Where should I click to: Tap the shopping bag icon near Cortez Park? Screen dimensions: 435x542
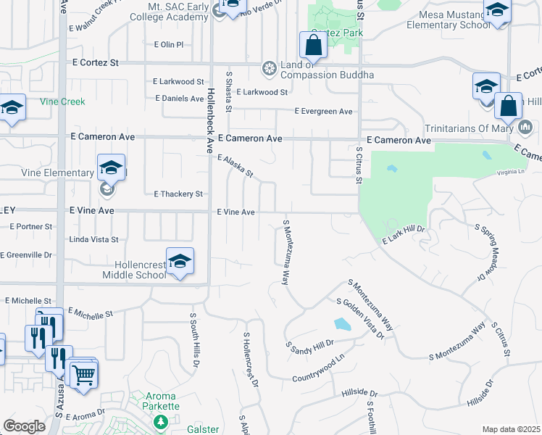(313, 45)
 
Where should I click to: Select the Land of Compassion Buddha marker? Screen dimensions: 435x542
(270, 69)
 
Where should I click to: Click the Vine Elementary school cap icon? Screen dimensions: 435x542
(111, 167)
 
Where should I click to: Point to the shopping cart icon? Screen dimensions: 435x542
(84, 375)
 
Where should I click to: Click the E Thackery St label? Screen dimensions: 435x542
(178, 194)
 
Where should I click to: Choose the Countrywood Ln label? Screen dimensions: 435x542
(317, 370)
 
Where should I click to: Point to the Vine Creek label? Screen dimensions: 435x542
(62, 102)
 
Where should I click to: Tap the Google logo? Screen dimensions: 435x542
(24, 426)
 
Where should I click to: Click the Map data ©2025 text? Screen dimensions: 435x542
(510, 429)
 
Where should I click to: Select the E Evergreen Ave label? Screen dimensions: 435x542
(323, 111)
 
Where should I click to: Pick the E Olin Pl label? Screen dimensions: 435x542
(169, 44)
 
